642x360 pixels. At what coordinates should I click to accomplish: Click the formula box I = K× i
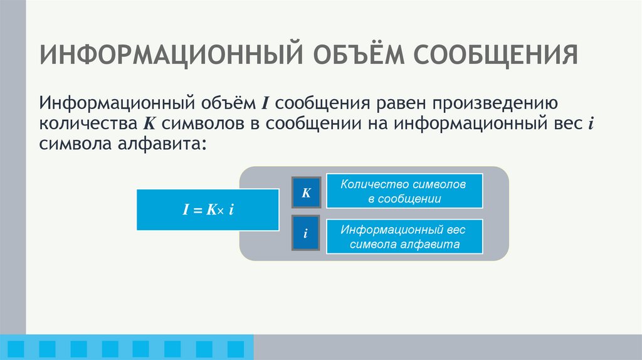(208, 209)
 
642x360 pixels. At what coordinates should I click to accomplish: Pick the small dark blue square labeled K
(306, 193)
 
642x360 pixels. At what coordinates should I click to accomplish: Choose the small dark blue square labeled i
(306, 234)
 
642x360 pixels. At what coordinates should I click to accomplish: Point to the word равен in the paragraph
(399, 102)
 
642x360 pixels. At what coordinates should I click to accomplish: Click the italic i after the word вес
(590, 123)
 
